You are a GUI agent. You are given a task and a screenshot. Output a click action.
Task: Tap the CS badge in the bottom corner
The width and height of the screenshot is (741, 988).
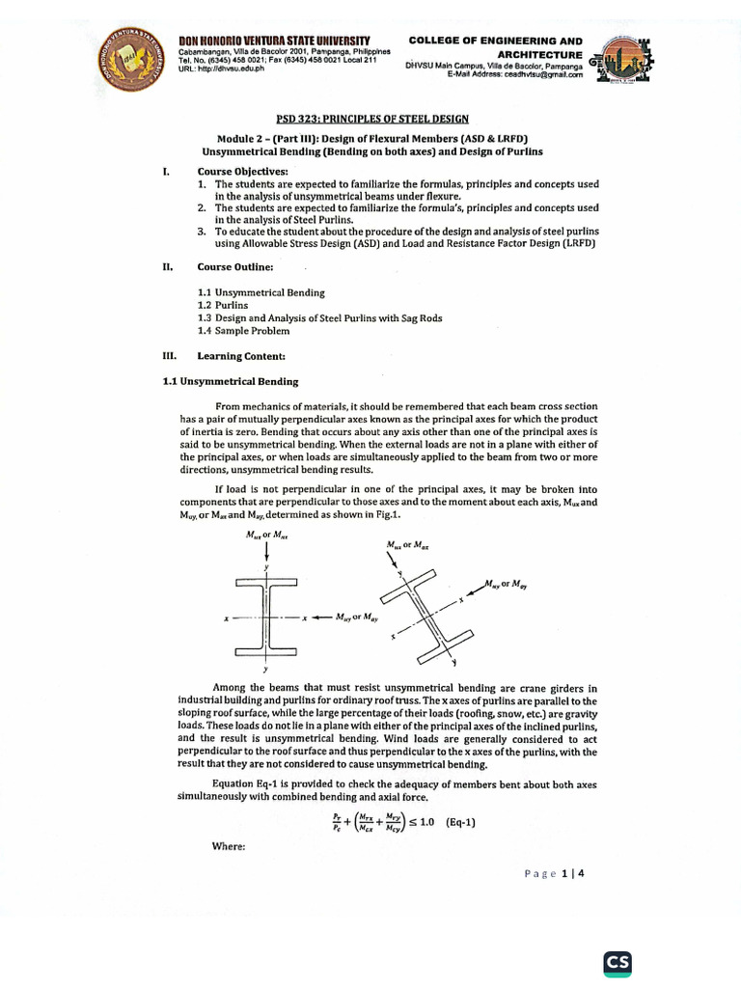(617, 964)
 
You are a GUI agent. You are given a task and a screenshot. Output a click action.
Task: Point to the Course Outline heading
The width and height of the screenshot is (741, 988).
(235, 265)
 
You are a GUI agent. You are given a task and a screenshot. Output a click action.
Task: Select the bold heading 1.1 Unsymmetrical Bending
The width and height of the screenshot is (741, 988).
(231, 382)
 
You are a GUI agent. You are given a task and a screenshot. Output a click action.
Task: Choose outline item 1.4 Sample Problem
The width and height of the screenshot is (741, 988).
(241, 330)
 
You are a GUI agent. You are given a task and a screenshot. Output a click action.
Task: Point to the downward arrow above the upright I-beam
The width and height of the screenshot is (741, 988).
(265, 553)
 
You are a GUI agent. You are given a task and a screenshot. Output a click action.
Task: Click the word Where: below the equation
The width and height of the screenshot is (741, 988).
(227, 847)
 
